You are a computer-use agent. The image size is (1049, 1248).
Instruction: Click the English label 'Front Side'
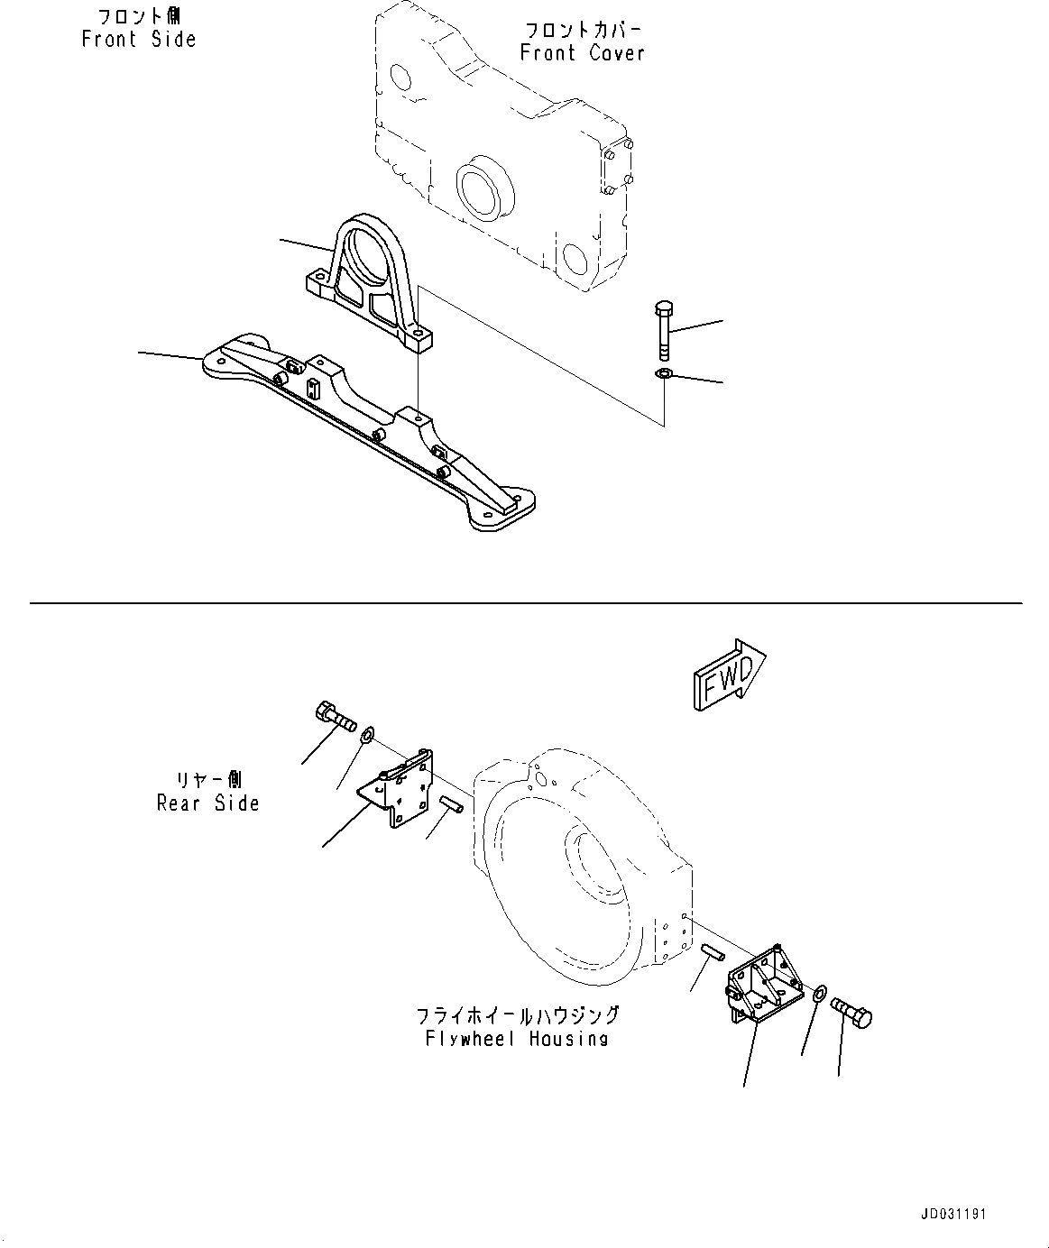click(x=139, y=40)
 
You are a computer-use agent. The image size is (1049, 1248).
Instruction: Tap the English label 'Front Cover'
click(x=583, y=53)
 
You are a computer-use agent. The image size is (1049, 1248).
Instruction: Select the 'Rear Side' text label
click(x=207, y=803)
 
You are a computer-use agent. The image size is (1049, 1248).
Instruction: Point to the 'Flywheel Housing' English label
click(x=517, y=1039)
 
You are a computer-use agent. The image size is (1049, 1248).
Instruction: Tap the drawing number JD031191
click(x=954, y=1214)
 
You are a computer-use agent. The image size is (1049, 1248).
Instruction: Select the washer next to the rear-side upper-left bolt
click(x=369, y=738)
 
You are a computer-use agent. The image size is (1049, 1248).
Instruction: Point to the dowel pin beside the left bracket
click(x=451, y=803)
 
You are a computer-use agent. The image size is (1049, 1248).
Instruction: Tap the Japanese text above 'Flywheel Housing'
click(x=517, y=1015)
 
